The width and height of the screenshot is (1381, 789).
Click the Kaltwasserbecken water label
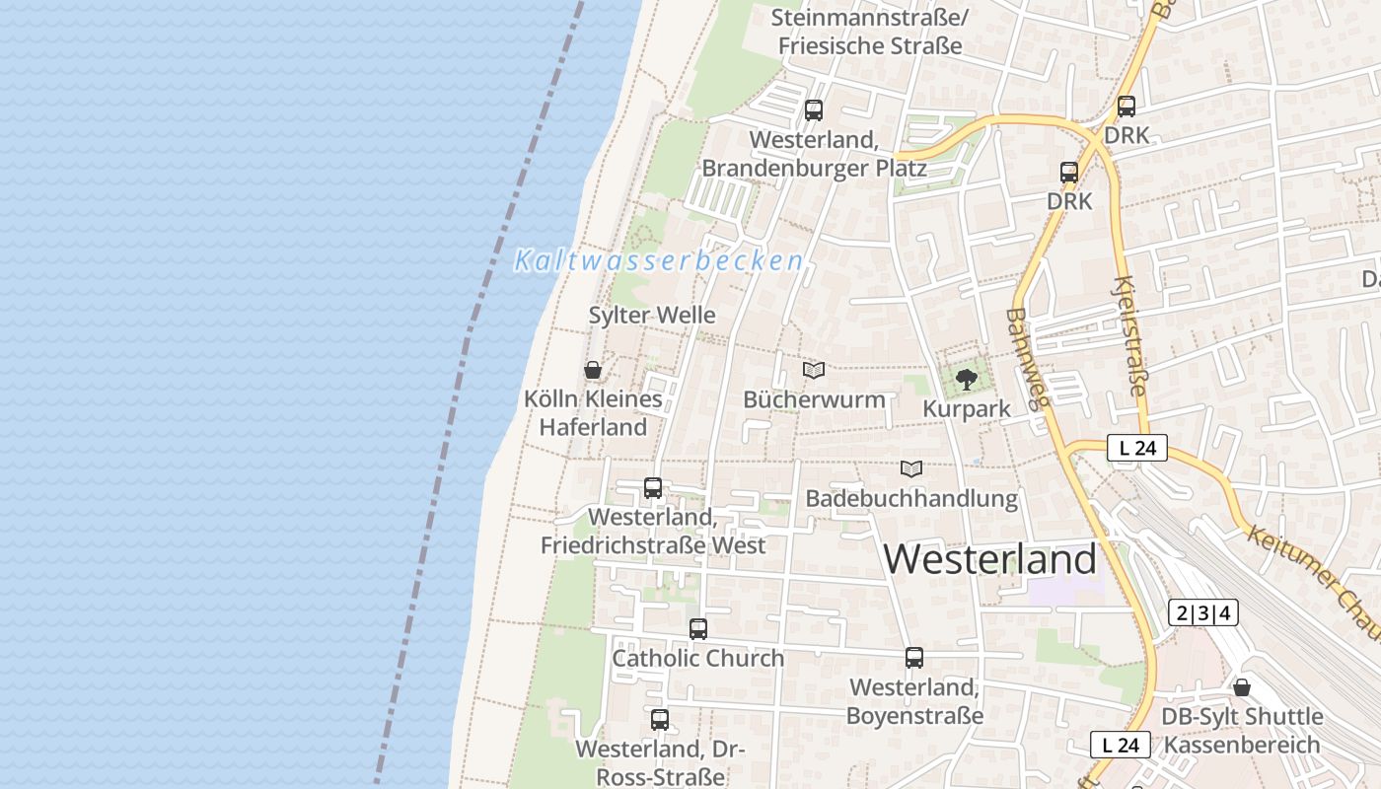point(658,261)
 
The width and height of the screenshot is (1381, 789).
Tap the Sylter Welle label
point(652,316)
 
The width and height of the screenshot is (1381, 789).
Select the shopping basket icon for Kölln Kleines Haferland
point(593,370)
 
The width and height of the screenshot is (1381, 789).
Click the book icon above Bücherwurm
point(814,370)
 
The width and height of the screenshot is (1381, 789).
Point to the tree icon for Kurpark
point(967,379)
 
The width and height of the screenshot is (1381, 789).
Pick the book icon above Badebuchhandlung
point(911,469)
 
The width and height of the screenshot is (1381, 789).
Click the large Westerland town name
point(989,559)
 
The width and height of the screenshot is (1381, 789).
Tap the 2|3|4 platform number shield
point(1202,612)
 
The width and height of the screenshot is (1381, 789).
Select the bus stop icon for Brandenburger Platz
point(814,110)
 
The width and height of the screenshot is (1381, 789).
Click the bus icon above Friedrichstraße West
point(652,487)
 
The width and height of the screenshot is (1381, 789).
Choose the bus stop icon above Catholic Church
point(698,628)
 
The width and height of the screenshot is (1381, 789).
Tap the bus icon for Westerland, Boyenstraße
point(914,658)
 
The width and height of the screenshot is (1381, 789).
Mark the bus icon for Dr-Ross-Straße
point(660,719)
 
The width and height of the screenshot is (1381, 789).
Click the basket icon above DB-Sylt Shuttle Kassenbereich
point(1241,686)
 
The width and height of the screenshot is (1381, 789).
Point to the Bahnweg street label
point(1030,356)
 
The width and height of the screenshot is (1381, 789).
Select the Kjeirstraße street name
point(1130,335)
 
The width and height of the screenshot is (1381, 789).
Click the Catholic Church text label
point(698,658)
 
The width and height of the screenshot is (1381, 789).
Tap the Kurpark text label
point(967,408)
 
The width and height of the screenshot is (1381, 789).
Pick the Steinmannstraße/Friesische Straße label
point(870,32)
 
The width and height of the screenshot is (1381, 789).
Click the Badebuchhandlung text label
point(911,498)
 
